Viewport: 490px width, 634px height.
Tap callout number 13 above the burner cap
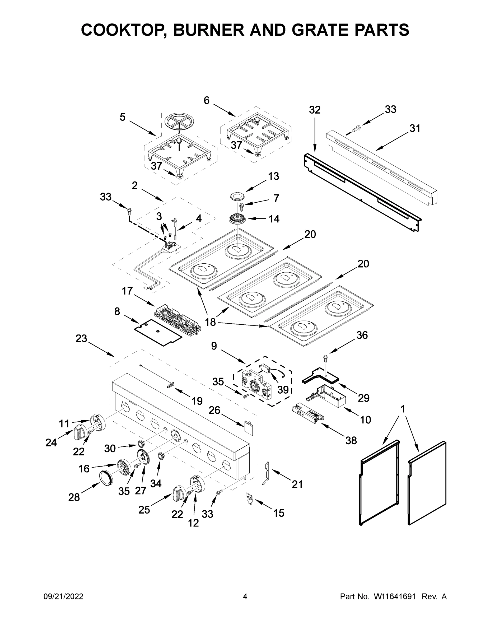pos(273,176)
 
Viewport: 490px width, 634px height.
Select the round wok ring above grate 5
pos(179,121)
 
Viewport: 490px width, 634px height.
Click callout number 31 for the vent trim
pos(415,128)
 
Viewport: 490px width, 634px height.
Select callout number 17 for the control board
pos(127,291)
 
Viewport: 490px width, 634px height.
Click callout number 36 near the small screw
pos(362,335)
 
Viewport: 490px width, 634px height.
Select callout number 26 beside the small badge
pos(214,410)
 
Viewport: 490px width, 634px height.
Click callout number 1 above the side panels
pos(402,409)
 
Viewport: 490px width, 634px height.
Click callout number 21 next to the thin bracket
pos(297,484)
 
